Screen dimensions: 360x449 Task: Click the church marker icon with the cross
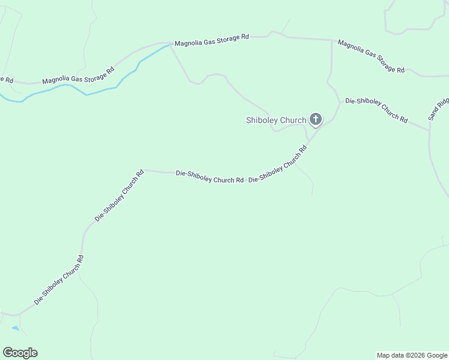(x=315, y=120)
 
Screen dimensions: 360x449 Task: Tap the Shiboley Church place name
(x=276, y=120)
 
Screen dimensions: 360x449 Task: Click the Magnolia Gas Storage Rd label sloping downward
(x=371, y=57)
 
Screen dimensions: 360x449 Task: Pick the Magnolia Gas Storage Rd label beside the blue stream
(x=78, y=76)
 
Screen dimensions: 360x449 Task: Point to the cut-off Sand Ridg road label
(x=438, y=108)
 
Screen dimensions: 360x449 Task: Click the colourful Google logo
(x=20, y=353)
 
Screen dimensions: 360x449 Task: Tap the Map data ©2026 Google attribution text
(x=412, y=355)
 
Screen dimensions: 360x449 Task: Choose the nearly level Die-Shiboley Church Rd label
(x=209, y=176)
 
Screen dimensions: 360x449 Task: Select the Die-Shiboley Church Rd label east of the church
(x=376, y=110)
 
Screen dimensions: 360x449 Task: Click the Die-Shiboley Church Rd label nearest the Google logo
(x=59, y=280)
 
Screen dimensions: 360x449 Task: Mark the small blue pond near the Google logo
(x=14, y=328)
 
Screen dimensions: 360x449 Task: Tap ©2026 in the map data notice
(x=416, y=355)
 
